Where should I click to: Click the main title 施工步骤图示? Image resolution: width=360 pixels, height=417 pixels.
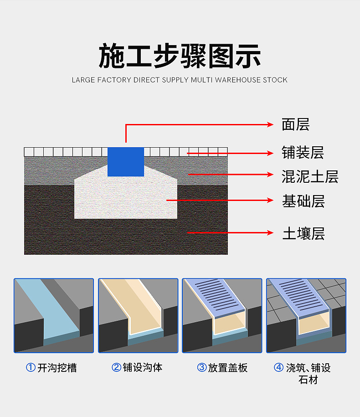[180, 56]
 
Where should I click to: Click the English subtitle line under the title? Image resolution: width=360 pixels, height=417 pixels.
[180, 80]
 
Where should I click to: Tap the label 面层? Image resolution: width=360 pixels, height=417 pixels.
[295, 124]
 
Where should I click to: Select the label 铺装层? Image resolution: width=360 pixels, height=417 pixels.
[303, 153]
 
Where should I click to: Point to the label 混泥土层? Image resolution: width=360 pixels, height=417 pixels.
[310, 176]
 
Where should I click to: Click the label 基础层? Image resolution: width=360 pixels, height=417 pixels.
[303, 201]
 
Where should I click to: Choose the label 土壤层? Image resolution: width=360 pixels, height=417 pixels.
[303, 234]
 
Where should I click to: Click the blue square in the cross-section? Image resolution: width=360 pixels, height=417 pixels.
[126, 161]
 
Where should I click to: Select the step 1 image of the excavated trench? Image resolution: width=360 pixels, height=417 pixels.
[54, 315]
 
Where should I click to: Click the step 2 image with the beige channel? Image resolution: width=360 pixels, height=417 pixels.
[138, 315]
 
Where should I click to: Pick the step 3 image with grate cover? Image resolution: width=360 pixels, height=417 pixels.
[222, 315]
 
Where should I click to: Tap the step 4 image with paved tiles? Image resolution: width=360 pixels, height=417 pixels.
[306, 315]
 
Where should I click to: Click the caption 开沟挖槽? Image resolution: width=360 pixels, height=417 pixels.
[57, 368]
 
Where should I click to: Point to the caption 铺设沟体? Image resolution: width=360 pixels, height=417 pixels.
[142, 367]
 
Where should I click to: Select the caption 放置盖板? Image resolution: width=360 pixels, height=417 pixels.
[228, 368]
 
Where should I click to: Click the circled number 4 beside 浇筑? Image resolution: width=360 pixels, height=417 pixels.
[278, 367]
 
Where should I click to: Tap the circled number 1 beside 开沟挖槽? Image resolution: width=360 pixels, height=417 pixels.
[31, 368]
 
